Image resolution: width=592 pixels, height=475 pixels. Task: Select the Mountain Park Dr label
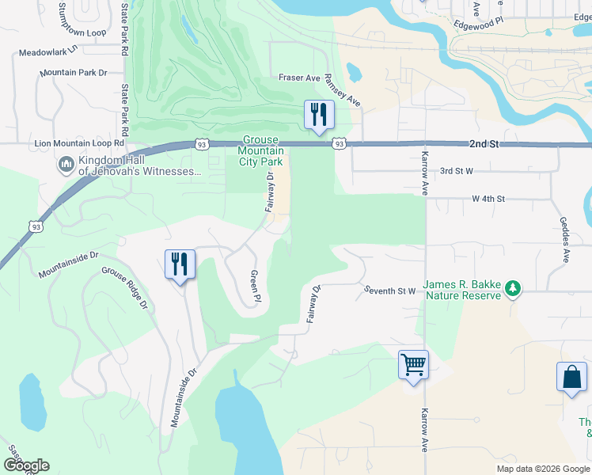pos(73,73)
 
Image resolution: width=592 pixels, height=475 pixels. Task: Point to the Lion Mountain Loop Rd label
pos(81,144)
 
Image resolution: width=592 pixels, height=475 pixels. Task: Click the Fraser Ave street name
pos(299,78)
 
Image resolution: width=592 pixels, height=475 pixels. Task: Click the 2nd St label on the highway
pos(483,145)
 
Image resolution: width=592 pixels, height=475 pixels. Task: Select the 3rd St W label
pos(457,170)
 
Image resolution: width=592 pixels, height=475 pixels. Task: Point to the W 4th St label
pos(488,199)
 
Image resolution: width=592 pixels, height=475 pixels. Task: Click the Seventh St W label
pos(390,291)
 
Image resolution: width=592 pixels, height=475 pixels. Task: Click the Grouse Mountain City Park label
pos(260,150)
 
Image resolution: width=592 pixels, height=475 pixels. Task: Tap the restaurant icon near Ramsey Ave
pos(320,115)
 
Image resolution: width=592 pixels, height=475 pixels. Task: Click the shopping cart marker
pos(413,365)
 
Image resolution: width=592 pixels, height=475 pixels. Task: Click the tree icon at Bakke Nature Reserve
pos(514,288)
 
